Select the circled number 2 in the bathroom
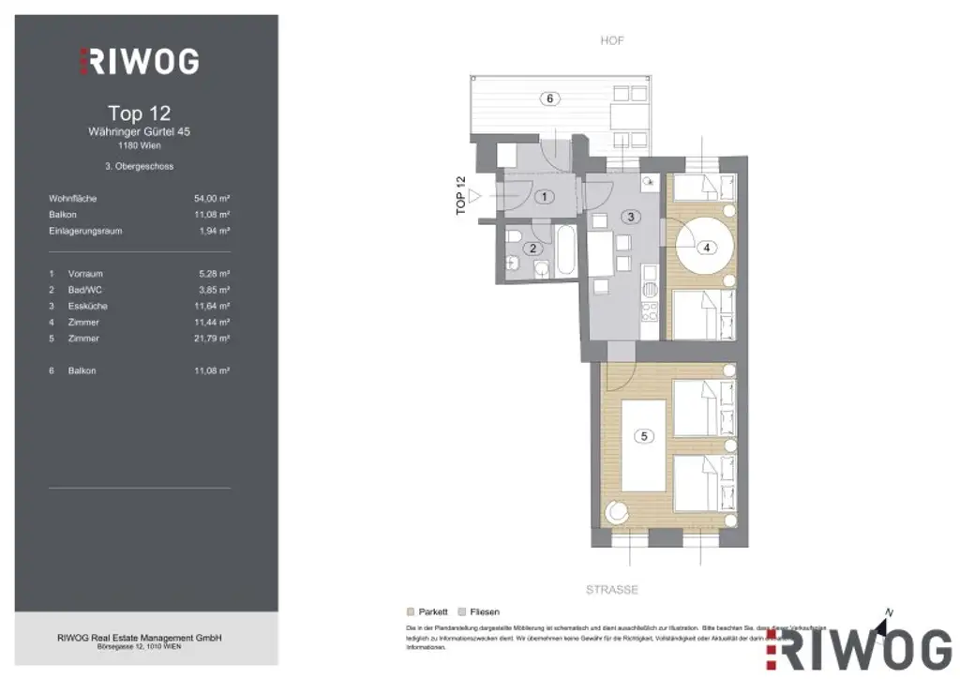pos(532,248)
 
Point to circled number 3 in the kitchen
pos(632,217)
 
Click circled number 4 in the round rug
pos(706,248)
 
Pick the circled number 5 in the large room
pos(643,435)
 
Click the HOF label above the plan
pos(611,41)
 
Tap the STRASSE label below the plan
pos(611,590)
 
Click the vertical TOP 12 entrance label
pos(460,196)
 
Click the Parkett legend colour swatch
pos(411,611)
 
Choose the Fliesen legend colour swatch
pos(461,611)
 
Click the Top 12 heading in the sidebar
pos(139,113)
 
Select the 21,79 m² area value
pos(211,338)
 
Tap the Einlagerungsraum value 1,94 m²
pos(214,231)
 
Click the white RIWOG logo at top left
pos(139,62)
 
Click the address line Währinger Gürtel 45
pos(139,132)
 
